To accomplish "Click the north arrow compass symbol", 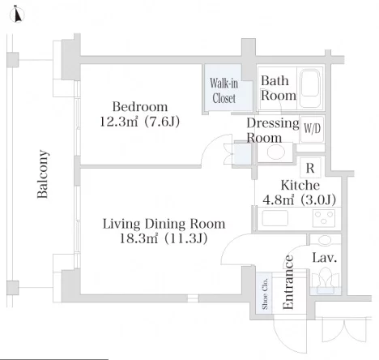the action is [17, 15].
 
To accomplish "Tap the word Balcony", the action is [43, 174].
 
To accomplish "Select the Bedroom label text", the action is [140, 107].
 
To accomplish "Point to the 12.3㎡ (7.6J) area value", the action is [140, 122].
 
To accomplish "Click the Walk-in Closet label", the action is [224, 91].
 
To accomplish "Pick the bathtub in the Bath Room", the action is [310, 88].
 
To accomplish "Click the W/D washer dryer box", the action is [312, 129].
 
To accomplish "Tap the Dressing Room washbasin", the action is [275, 152].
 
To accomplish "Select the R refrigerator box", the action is [310, 168].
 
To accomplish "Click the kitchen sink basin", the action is [275, 218].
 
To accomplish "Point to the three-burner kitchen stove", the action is [324, 218].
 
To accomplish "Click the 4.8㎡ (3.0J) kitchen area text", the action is [299, 200].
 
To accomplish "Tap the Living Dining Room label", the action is [164, 224].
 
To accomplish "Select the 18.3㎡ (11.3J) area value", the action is [164, 238].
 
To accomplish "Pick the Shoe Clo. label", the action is [265, 294].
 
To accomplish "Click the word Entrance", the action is [287, 282].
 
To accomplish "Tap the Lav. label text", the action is [325, 258].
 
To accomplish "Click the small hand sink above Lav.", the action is [325, 240].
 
